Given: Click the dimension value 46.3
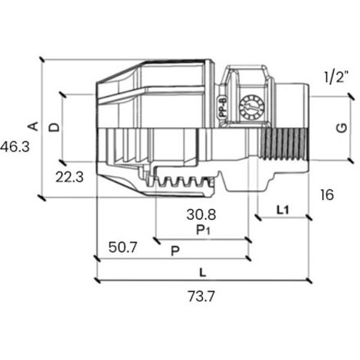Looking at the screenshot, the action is pos(15,147).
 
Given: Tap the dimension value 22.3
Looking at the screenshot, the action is pos(70,177).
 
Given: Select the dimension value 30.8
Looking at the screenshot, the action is pos(201,214).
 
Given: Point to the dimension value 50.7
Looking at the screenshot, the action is pos(123,247).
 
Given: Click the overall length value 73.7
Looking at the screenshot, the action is pos(201,296).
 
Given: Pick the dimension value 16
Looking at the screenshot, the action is pos(326,195).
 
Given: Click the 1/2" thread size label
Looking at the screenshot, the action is pos(336,77).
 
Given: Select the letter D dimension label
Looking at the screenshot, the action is pos(54,127).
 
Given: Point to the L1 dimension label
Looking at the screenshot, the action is pos(283,210).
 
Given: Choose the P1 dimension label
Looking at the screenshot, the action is pos(203,230).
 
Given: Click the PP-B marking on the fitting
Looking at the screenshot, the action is pos(223,107).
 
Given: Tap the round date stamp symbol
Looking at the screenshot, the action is pos(251,107).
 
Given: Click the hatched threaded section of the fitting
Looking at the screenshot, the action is pos(284,145).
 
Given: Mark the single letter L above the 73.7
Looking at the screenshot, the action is pos(203,273).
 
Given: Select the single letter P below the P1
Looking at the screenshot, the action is pos(175,251).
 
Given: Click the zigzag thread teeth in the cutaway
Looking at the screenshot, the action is pos(182,182).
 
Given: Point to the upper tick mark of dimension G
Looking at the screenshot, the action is pos(351,97).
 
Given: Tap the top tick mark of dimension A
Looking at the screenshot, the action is pos(41,60).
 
